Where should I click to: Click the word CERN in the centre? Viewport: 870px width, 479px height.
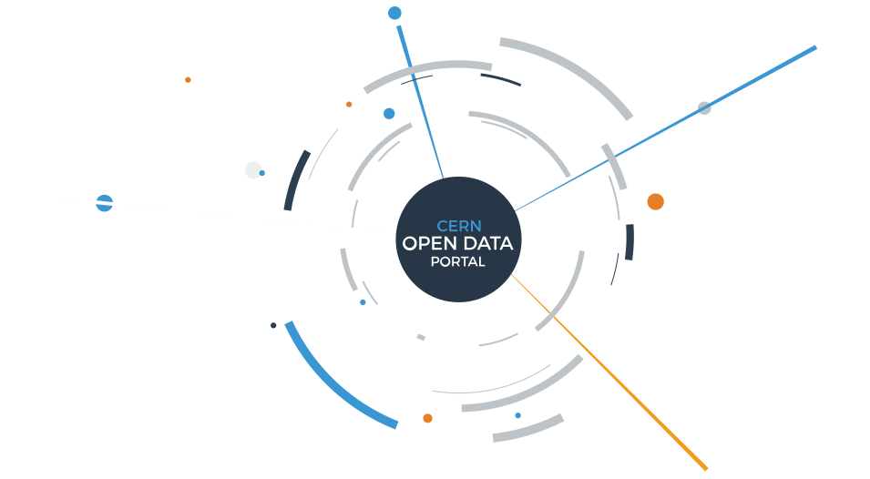point(459,226)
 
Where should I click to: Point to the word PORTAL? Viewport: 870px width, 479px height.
point(458,261)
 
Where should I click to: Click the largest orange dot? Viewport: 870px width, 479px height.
point(655,202)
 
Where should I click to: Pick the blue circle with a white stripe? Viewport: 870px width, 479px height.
point(105,203)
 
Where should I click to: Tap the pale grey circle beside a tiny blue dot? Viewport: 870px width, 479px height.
point(253,170)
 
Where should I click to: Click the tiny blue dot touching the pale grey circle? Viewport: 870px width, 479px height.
point(261,173)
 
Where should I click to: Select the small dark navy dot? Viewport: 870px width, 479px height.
point(273,325)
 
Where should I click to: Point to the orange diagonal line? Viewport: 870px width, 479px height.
point(609,372)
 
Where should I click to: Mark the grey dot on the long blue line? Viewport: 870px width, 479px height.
point(704,108)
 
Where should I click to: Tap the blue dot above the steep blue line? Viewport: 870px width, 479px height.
point(394,13)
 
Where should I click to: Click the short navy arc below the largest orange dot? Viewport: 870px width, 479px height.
point(629,242)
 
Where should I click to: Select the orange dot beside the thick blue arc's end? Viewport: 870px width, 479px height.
point(427,418)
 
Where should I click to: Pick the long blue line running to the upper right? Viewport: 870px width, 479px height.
point(665,129)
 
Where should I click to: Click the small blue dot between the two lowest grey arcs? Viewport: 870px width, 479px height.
point(517,415)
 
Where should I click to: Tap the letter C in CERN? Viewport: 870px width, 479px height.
point(442,226)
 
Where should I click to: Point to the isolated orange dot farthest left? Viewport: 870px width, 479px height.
point(188,80)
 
